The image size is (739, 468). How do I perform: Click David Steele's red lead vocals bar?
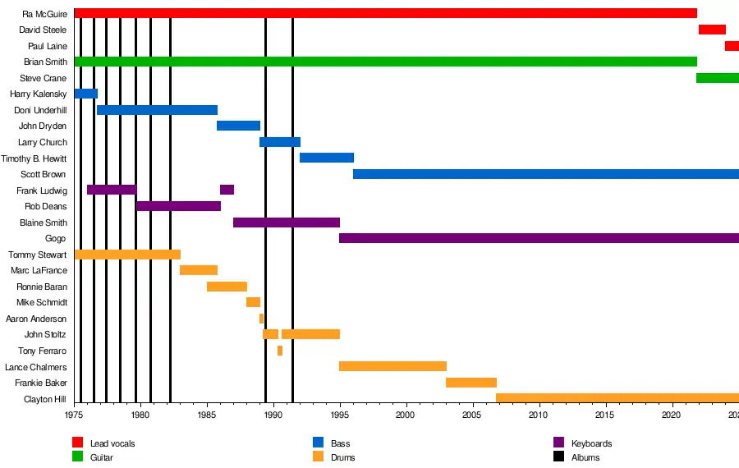[712, 30]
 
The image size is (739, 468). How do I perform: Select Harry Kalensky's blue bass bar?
[86, 94]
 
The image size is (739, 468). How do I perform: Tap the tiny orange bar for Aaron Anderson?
[262, 319]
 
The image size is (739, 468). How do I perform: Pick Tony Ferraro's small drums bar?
[280, 351]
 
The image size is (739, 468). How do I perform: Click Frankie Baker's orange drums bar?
[471, 383]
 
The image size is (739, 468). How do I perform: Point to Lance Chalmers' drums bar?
[392, 366]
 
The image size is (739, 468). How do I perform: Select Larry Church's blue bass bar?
[280, 142]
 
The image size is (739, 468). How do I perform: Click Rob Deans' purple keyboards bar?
[178, 206]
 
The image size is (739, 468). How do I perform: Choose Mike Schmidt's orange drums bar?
[253, 302]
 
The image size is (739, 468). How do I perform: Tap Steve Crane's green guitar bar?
[718, 78]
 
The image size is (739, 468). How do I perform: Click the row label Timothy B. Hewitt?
[34, 158]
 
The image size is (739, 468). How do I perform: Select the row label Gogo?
[56, 239]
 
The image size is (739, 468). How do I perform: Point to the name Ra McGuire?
[44, 14]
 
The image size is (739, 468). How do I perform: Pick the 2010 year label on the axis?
[539, 415]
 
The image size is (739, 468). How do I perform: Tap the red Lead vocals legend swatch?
[78, 443]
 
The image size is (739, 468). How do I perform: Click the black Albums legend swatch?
[559, 457]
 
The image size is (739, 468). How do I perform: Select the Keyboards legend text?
[591, 444]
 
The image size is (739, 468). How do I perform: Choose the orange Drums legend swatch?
[319, 457]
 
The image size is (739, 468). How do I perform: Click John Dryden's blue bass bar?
[238, 126]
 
